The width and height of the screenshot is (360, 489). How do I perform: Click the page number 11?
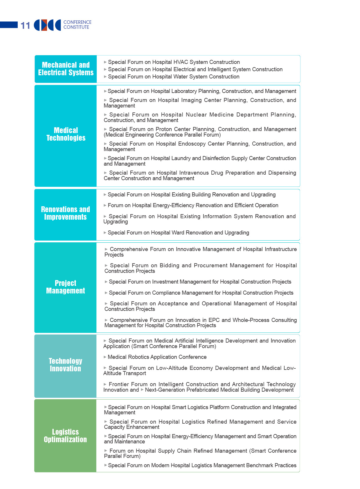(x=25, y=26)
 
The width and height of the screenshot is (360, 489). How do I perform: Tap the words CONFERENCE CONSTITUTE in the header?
(x=77, y=25)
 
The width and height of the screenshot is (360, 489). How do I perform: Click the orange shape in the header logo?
(x=44, y=25)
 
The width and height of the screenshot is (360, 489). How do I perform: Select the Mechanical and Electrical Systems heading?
(x=66, y=69)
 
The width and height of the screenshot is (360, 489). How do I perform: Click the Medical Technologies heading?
(x=66, y=134)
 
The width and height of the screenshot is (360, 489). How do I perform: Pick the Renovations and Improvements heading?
(x=65, y=213)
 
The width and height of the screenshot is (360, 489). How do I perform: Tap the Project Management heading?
(x=66, y=287)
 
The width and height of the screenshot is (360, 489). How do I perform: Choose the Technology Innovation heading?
(x=65, y=365)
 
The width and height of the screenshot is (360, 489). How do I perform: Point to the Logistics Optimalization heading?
(x=65, y=436)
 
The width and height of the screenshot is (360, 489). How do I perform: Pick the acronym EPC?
(x=214, y=320)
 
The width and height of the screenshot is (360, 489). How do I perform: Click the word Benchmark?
(x=260, y=465)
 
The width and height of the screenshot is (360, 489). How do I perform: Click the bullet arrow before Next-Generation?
(x=142, y=390)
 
